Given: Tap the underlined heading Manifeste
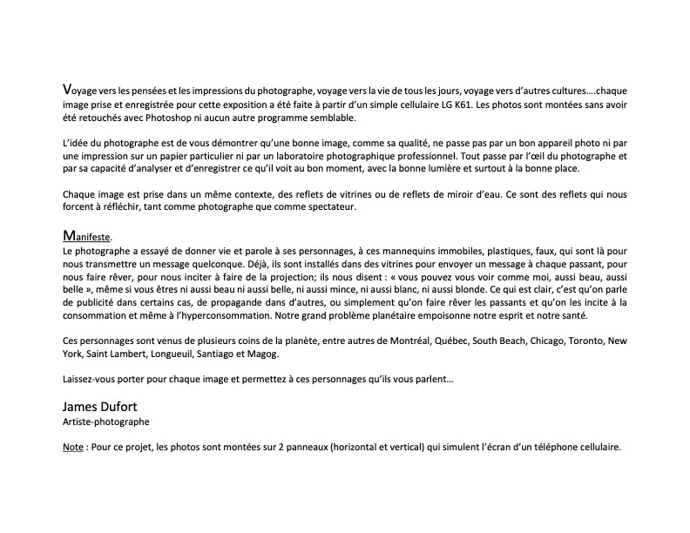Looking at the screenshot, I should [87, 236].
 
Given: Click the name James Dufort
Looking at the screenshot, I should [98, 407].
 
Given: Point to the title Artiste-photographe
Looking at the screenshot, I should [105, 422].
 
